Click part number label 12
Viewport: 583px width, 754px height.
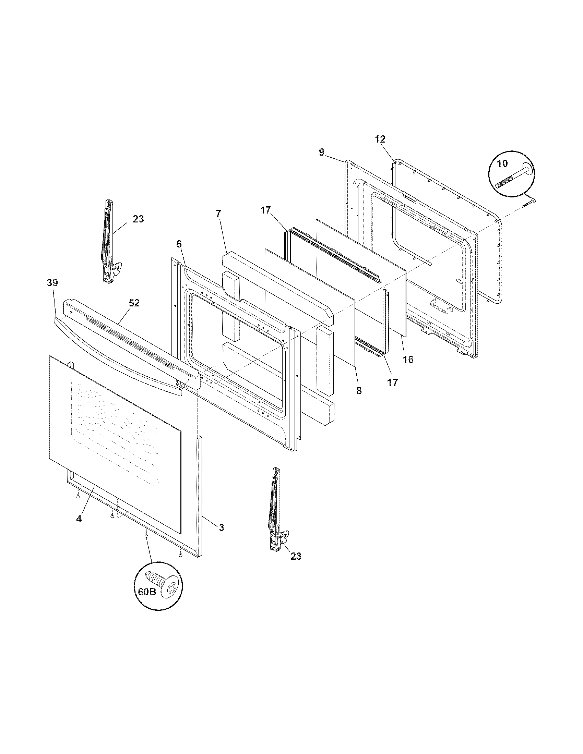pyautogui.click(x=380, y=139)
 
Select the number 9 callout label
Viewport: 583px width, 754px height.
pyautogui.click(x=322, y=152)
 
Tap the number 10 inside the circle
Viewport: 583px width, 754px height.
pyautogui.click(x=502, y=163)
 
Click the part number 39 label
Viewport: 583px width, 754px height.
pyautogui.click(x=52, y=283)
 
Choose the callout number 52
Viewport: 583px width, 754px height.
pyautogui.click(x=134, y=303)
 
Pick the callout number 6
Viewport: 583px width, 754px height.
pyautogui.click(x=179, y=244)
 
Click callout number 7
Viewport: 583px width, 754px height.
pyautogui.click(x=218, y=214)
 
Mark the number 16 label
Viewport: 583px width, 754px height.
pyautogui.click(x=408, y=360)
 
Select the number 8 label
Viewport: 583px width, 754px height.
pyautogui.click(x=359, y=391)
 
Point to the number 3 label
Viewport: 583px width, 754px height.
pyautogui.click(x=222, y=527)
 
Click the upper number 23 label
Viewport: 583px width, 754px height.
pyautogui.click(x=138, y=219)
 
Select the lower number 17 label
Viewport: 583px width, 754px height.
pyautogui.click(x=393, y=382)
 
